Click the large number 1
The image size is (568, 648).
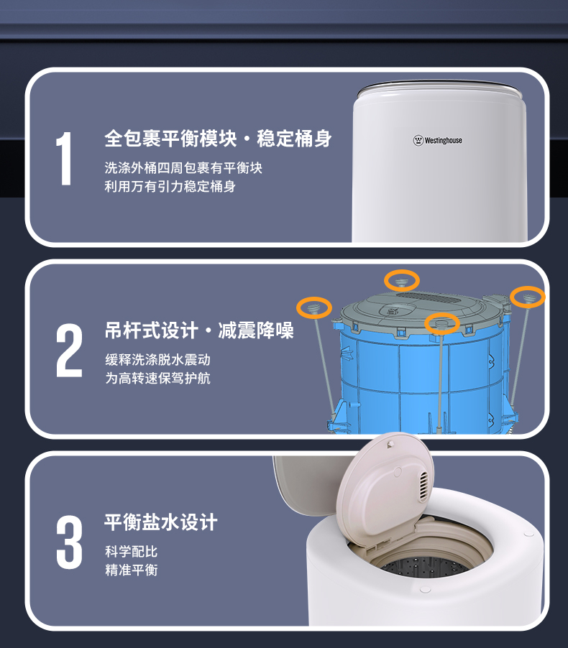65,158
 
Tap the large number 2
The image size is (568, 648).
69,351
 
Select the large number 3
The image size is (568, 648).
69,542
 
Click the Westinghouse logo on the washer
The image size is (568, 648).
437,140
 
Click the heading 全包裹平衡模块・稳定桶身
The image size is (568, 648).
218,138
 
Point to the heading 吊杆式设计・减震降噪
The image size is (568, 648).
199,330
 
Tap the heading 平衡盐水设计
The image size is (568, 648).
160,522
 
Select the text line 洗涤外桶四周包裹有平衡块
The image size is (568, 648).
183,168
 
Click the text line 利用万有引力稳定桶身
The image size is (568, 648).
170,186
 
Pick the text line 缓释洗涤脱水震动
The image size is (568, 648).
157,359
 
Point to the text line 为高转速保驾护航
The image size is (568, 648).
157,378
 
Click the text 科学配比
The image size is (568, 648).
131,551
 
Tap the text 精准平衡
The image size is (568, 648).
131,570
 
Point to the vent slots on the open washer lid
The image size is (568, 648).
424,487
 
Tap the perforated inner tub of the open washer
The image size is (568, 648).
426,567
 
